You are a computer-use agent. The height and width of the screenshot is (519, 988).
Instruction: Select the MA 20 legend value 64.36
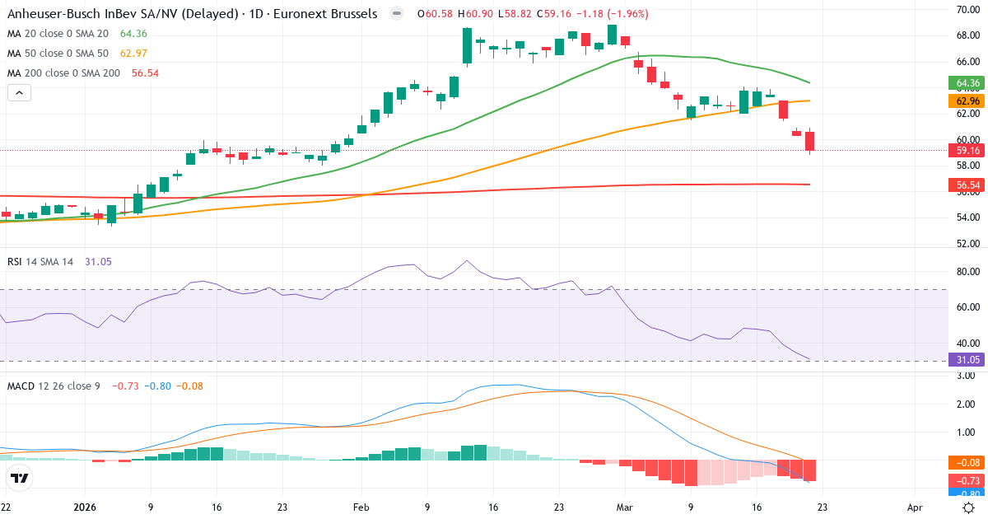(x=133, y=34)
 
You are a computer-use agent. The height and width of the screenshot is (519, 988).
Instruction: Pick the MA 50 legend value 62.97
(x=133, y=54)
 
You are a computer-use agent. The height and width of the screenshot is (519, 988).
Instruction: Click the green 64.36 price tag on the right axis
(x=967, y=83)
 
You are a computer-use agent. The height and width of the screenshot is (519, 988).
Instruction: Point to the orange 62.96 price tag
(x=967, y=101)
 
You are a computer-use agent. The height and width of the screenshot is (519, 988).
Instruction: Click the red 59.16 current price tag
(x=967, y=151)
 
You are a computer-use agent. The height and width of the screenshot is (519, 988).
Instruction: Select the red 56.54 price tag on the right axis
(x=967, y=185)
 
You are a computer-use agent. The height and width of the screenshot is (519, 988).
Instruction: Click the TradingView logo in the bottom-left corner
(x=20, y=478)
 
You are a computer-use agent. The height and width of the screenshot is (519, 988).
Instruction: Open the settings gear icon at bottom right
(x=969, y=508)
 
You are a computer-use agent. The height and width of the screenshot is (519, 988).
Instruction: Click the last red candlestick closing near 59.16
(x=809, y=141)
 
